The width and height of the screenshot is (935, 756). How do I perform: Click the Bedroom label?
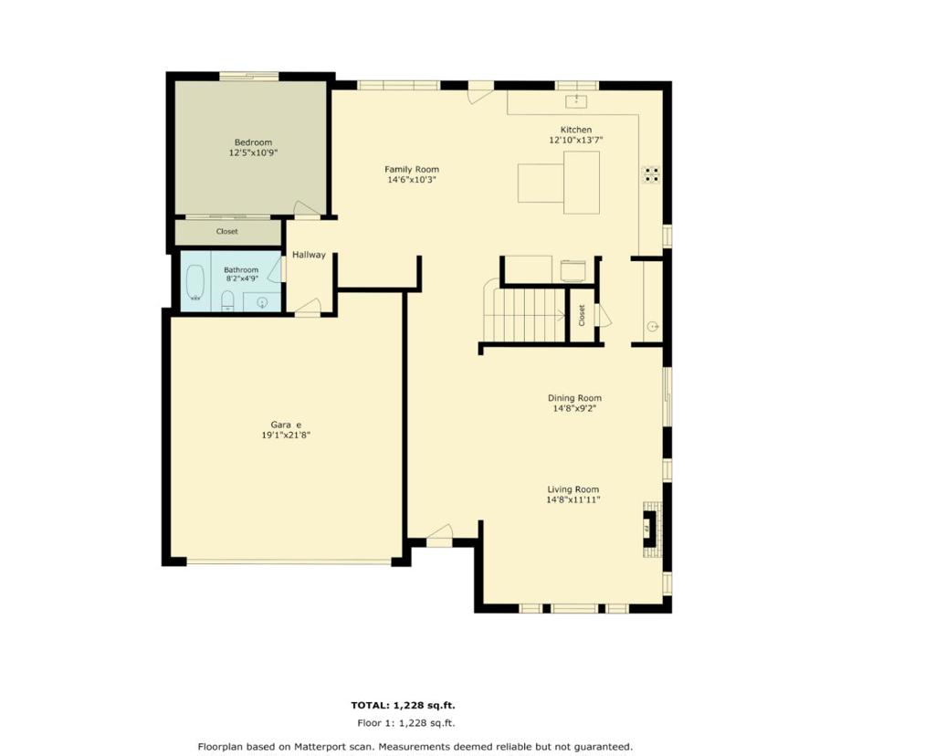[253, 142]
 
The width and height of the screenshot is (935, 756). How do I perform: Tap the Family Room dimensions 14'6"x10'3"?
[412, 180]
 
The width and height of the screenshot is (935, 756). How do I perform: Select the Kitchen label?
[576, 130]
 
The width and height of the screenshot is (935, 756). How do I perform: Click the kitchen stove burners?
[651, 174]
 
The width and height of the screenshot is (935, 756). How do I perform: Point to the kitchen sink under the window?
[577, 100]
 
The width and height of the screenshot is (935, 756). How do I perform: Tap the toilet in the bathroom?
[227, 300]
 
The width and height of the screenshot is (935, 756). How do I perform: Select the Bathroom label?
[241, 270]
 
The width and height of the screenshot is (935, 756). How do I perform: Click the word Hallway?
[309, 255]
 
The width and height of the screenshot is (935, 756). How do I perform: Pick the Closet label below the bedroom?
[226, 231]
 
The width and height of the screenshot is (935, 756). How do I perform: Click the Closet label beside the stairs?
[582, 315]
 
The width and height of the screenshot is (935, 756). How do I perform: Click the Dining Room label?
[575, 398]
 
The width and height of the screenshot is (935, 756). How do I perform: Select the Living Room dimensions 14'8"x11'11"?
[573, 500]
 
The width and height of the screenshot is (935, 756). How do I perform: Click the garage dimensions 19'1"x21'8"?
[286, 436]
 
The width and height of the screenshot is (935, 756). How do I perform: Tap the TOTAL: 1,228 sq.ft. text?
[403, 705]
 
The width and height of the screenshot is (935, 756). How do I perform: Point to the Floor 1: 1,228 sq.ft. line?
[406, 723]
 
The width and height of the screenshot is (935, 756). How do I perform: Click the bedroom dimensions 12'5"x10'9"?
[254, 152]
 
